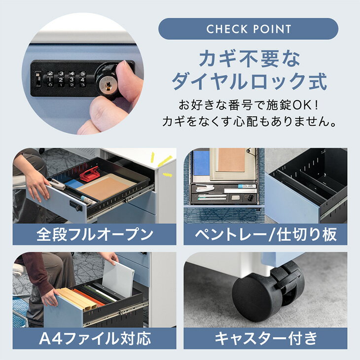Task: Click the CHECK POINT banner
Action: coord(248,29)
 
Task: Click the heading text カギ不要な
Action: coord(250,59)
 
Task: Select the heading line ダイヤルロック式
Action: coord(250,81)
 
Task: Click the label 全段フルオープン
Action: coord(95,234)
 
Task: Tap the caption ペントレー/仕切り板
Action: coord(266,234)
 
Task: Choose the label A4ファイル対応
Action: coord(95,338)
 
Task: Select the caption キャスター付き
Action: coord(266,338)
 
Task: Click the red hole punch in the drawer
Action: coord(89,174)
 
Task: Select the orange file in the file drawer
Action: coord(88,298)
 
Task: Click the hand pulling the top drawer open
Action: coord(36,183)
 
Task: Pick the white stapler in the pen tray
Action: coord(205,188)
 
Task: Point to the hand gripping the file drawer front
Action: coord(49,298)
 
